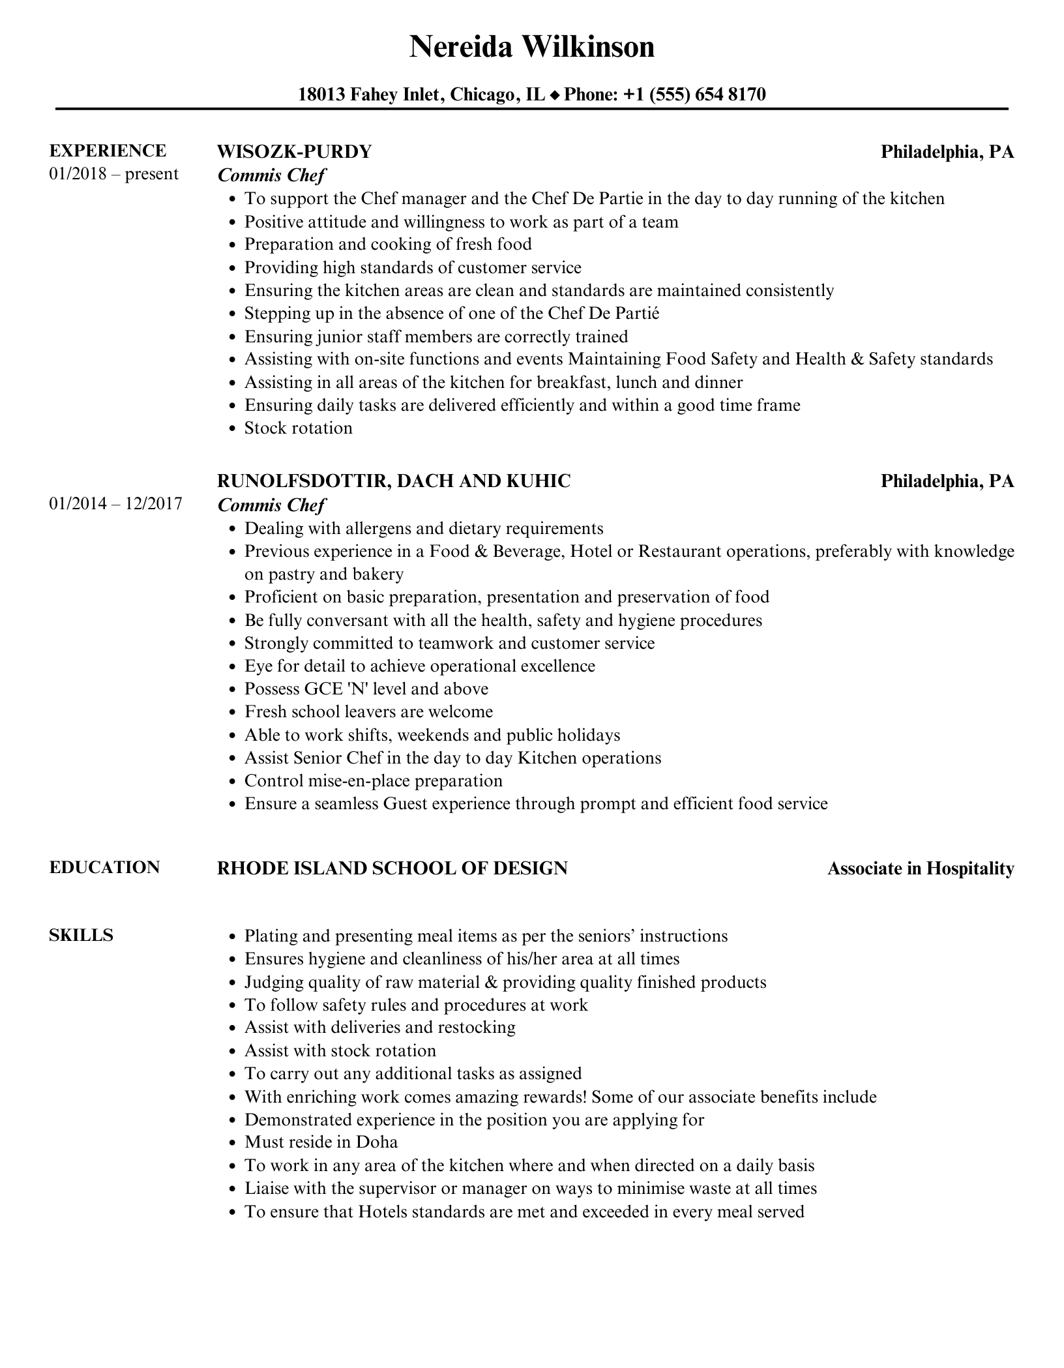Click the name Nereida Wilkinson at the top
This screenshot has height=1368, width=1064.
(x=531, y=47)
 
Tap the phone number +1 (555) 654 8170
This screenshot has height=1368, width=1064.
(x=694, y=95)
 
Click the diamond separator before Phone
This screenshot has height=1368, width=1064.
(x=555, y=95)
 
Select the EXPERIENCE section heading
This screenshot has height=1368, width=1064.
(x=108, y=151)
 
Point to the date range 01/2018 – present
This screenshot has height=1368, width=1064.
(x=113, y=174)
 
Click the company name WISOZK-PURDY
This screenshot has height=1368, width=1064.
(x=294, y=151)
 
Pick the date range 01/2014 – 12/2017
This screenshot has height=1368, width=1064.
(x=115, y=503)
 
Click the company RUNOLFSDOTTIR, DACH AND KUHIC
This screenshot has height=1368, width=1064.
(x=394, y=481)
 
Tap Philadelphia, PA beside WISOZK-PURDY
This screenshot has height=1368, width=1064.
(x=947, y=151)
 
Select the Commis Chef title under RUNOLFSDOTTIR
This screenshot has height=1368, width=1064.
(x=271, y=505)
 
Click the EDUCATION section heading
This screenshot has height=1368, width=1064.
(x=104, y=867)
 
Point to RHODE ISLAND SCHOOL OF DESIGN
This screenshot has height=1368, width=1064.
(x=392, y=868)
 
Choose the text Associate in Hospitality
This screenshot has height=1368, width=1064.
(x=921, y=869)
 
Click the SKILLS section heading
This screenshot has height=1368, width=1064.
(x=81, y=935)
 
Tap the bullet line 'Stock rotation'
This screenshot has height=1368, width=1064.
(x=298, y=428)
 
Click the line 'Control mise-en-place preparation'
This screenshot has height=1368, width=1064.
(x=373, y=781)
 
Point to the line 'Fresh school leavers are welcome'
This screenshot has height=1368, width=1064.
(x=368, y=711)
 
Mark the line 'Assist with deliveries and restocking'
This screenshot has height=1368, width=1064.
(x=379, y=1027)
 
